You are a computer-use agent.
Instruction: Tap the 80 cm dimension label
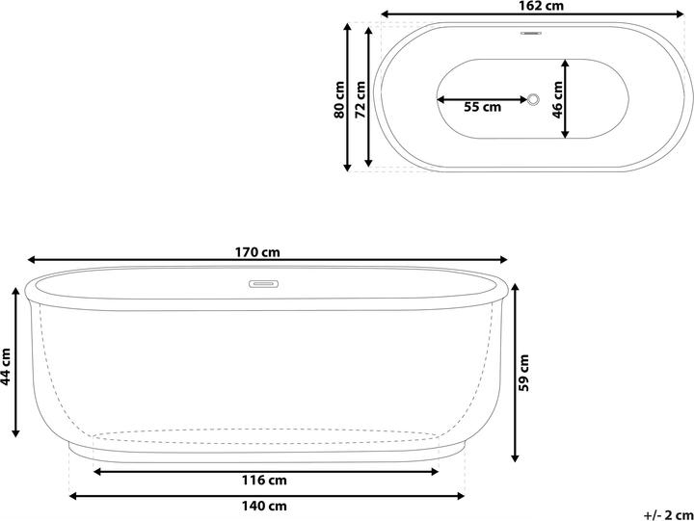click(x=338, y=97)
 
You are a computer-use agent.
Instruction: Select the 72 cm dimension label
click(x=360, y=97)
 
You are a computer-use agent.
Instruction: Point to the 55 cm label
click(x=482, y=107)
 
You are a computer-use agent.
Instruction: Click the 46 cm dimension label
click(x=558, y=97)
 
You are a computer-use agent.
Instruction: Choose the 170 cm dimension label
click(x=257, y=252)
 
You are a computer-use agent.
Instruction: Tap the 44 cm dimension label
click(x=6, y=365)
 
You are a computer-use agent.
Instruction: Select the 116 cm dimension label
click(x=264, y=481)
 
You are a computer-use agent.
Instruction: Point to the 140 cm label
click(x=264, y=506)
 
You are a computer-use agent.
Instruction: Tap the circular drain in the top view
click(x=533, y=99)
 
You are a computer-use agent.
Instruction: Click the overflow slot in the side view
click(x=263, y=284)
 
